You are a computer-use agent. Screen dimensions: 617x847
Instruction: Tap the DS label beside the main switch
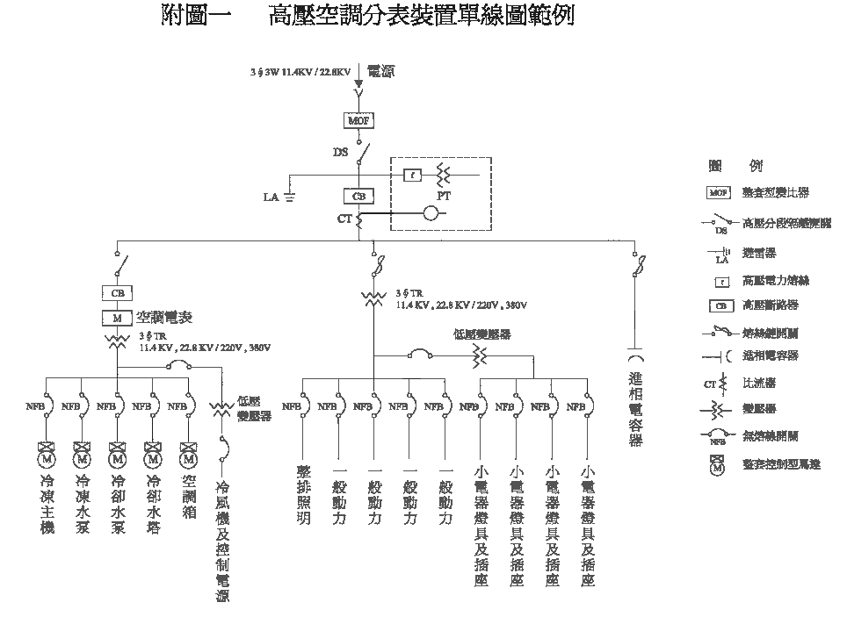[341, 153]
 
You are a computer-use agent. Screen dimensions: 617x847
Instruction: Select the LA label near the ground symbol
[271, 197]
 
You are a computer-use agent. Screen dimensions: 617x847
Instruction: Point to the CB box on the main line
[358, 197]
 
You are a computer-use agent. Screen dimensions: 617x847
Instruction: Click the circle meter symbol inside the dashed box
[431, 212]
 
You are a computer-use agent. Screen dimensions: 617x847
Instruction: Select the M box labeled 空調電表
[117, 317]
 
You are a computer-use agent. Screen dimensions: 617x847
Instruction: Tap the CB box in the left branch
[117, 292]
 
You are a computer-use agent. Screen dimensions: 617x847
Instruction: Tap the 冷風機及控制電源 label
[223, 540]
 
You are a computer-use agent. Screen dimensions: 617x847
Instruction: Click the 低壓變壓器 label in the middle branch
[482, 334]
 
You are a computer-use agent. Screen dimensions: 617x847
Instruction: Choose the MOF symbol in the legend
[718, 192]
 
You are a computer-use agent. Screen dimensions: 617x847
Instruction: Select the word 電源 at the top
[380, 71]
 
